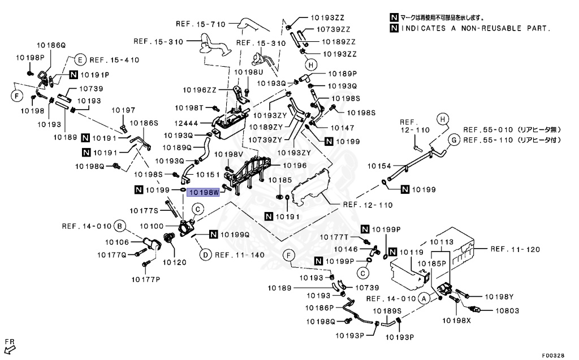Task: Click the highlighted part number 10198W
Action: (204, 192)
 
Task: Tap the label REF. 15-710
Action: (201, 24)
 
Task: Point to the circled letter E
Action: (80, 60)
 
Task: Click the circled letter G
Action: (453, 140)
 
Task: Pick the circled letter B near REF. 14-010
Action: (119, 227)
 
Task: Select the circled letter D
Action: (205, 255)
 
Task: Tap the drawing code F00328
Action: (552, 355)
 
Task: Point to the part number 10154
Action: (380, 166)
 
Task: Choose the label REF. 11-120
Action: (515, 249)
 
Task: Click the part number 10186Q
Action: (52, 44)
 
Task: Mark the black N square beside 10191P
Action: (74, 75)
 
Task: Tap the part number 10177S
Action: (144, 211)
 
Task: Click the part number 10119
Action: (412, 251)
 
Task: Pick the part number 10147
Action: (342, 128)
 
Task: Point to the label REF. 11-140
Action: (240, 255)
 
